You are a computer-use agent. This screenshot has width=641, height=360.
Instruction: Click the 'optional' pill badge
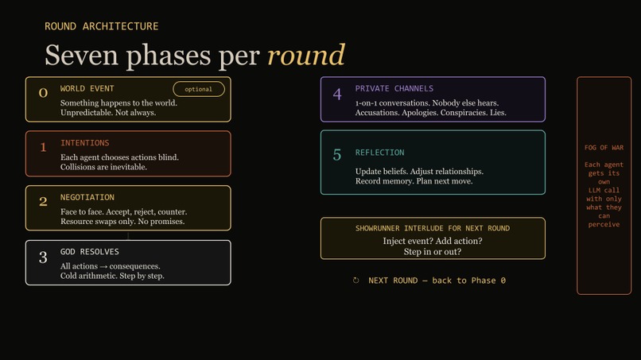coord(199,89)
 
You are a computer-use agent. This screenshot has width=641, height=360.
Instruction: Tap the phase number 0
coord(43,93)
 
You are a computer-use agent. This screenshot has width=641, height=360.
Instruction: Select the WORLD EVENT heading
coord(87,88)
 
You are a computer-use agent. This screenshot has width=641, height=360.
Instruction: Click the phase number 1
coord(43,148)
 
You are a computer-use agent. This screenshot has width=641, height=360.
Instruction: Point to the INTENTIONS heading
coord(85,143)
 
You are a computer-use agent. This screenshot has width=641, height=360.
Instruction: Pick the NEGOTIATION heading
coord(87,197)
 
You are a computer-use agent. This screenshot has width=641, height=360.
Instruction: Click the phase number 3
coord(43,257)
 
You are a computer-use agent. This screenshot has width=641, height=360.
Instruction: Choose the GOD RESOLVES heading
coord(90,252)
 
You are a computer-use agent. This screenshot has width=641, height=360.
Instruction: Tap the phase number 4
coord(337,95)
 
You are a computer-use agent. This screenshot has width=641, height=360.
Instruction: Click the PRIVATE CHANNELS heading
coord(394,88)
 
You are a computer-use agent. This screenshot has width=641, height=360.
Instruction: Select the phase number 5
coord(337,155)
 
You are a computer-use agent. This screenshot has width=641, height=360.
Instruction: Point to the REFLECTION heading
coord(379,153)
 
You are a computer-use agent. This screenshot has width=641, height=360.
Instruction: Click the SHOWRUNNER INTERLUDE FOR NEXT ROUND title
coord(433,228)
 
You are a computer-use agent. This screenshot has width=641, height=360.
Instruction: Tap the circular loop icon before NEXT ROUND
coord(356,281)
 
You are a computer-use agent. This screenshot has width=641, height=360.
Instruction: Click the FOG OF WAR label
coord(604,148)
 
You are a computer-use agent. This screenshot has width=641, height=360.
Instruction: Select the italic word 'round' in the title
coord(306,55)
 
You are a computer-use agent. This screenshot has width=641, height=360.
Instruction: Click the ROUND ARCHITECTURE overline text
coord(102,26)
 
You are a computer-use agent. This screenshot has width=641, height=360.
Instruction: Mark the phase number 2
coord(43,202)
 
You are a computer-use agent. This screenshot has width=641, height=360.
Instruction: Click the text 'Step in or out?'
coord(433,252)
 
